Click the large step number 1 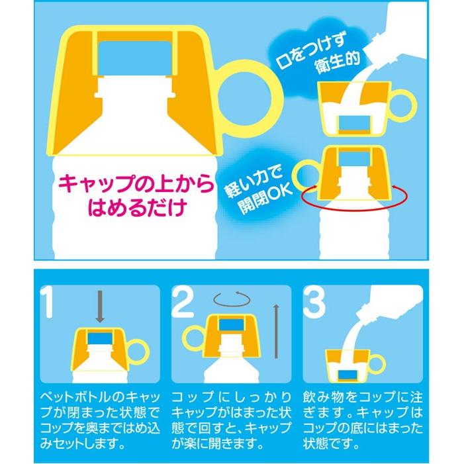(x=48, y=302)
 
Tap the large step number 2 (x=183, y=302)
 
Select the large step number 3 (x=314, y=302)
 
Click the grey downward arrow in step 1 (x=100, y=306)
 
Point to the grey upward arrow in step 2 (x=276, y=332)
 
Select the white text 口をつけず (x=310, y=52)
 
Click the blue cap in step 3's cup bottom (x=348, y=375)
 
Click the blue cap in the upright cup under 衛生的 (x=355, y=122)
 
